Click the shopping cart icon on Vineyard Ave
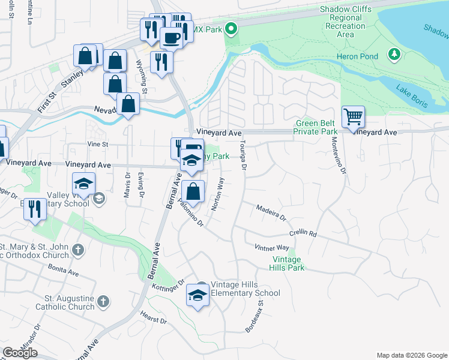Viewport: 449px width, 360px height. (353, 117)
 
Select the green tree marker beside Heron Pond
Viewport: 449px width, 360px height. (394, 55)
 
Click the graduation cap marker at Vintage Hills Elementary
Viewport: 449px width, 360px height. (197, 294)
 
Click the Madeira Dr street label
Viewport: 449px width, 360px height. (272, 210)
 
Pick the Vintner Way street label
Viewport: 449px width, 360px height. (272, 247)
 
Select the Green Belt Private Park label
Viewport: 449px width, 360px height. (316, 127)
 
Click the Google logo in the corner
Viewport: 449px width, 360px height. (20, 353)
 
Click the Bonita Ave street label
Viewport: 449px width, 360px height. (64, 272)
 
